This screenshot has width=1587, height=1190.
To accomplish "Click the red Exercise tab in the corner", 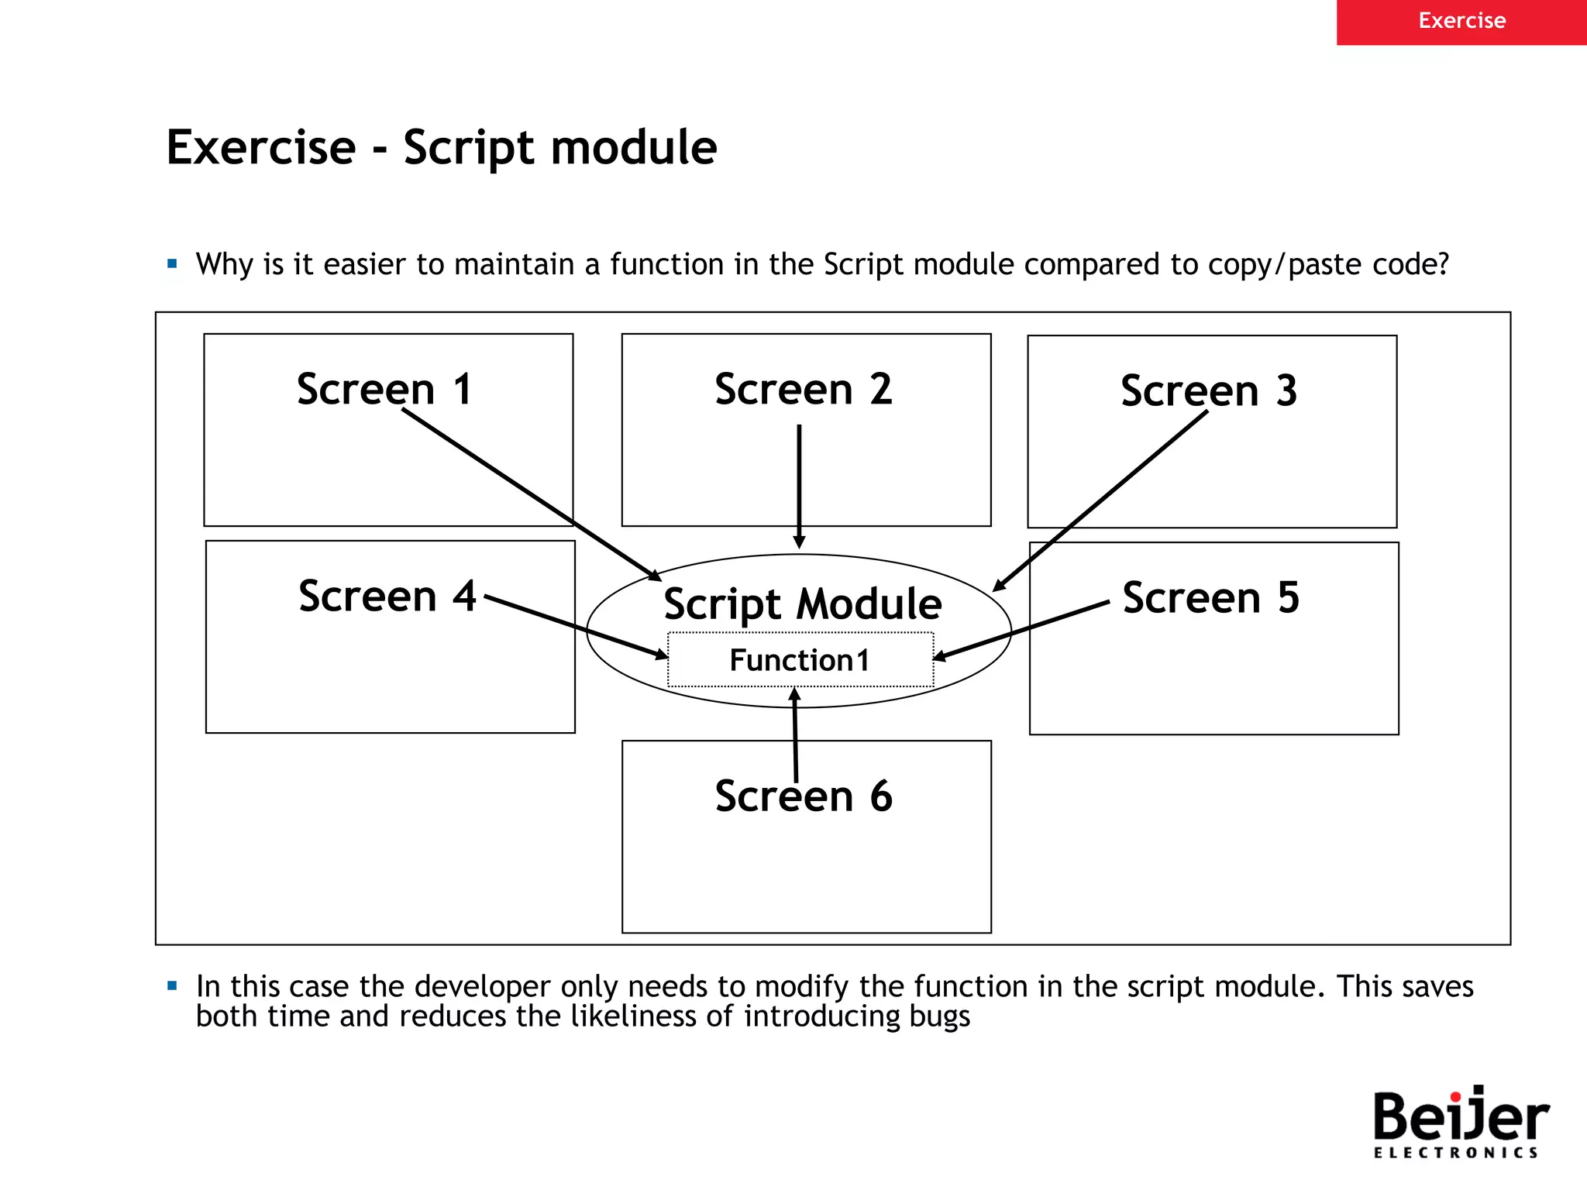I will pyautogui.click(x=1461, y=22).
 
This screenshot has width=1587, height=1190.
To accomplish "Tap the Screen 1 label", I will pyautogui.click(x=384, y=389).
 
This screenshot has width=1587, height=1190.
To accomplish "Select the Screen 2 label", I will pyautogui.click(x=804, y=389).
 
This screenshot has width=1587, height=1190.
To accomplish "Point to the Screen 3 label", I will pyautogui.click(x=1209, y=390).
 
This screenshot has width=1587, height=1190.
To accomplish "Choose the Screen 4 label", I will pyautogui.click(x=387, y=596).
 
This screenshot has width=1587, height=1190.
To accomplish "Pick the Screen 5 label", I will pyautogui.click(x=1210, y=597).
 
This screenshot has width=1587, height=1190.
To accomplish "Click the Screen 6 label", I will pyautogui.click(x=804, y=796).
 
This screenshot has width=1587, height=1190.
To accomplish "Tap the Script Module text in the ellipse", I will pyautogui.click(x=802, y=604).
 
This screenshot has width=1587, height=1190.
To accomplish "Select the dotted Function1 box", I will pyautogui.click(x=800, y=660).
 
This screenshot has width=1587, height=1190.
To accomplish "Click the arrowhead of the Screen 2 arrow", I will pyautogui.click(x=799, y=542).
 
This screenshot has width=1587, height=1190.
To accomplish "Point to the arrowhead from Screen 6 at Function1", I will pyautogui.click(x=794, y=694).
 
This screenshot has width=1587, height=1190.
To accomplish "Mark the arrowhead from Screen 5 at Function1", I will pyautogui.click(x=940, y=657).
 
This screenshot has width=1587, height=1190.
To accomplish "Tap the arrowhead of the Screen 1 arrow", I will pyautogui.click(x=655, y=576).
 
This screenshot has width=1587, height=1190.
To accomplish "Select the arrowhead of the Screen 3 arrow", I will pyautogui.click(x=999, y=586).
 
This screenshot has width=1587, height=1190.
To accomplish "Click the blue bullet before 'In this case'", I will pyautogui.click(x=172, y=986).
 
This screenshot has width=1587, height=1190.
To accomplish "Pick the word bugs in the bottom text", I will pyautogui.click(x=939, y=1016).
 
